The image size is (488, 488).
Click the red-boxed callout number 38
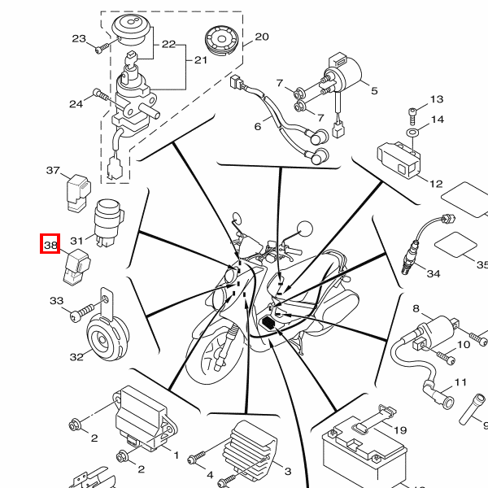click(50, 246)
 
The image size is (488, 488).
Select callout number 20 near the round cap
click(262, 37)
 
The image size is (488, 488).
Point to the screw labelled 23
click(102, 48)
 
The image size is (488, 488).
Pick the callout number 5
click(374, 91)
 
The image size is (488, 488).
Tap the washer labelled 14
click(412, 133)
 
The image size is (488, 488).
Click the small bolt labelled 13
click(412, 115)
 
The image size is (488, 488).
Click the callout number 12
click(436, 184)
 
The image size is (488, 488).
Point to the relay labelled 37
click(78, 193)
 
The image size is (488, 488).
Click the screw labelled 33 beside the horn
click(81, 312)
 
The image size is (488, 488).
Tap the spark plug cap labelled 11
click(438, 394)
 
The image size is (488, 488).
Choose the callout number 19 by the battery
click(400, 430)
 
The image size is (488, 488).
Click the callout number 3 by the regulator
click(288, 471)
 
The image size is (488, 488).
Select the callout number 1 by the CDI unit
click(176, 455)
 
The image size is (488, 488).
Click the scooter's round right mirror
click(305, 229)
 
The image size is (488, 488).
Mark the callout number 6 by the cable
click(258, 127)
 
